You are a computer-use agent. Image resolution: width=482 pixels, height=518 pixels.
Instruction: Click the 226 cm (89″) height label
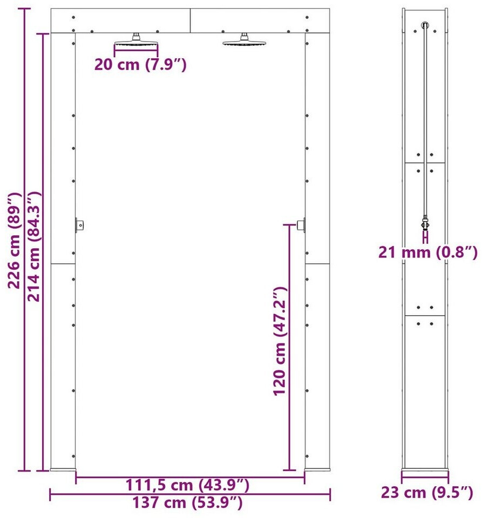[x=15, y=241]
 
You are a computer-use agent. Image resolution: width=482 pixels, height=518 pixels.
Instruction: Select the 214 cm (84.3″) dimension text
[x=33, y=246]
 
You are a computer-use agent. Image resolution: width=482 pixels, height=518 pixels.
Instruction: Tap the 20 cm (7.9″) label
[x=140, y=64]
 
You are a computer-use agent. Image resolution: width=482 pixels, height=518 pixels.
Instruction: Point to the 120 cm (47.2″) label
[x=280, y=341]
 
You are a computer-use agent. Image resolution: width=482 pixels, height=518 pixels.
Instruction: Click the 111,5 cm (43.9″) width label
[x=187, y=485]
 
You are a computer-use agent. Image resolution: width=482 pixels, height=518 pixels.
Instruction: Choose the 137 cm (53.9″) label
[x=187, y=503]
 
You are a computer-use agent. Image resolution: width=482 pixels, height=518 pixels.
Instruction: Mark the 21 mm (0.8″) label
[x=428, y=253]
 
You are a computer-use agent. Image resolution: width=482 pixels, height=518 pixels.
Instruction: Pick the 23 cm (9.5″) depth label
[x=427, y=493]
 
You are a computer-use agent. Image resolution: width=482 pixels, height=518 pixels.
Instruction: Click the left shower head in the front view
[x=136, y=40]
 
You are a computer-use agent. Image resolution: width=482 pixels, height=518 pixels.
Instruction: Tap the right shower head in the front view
[x=244, y=40]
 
